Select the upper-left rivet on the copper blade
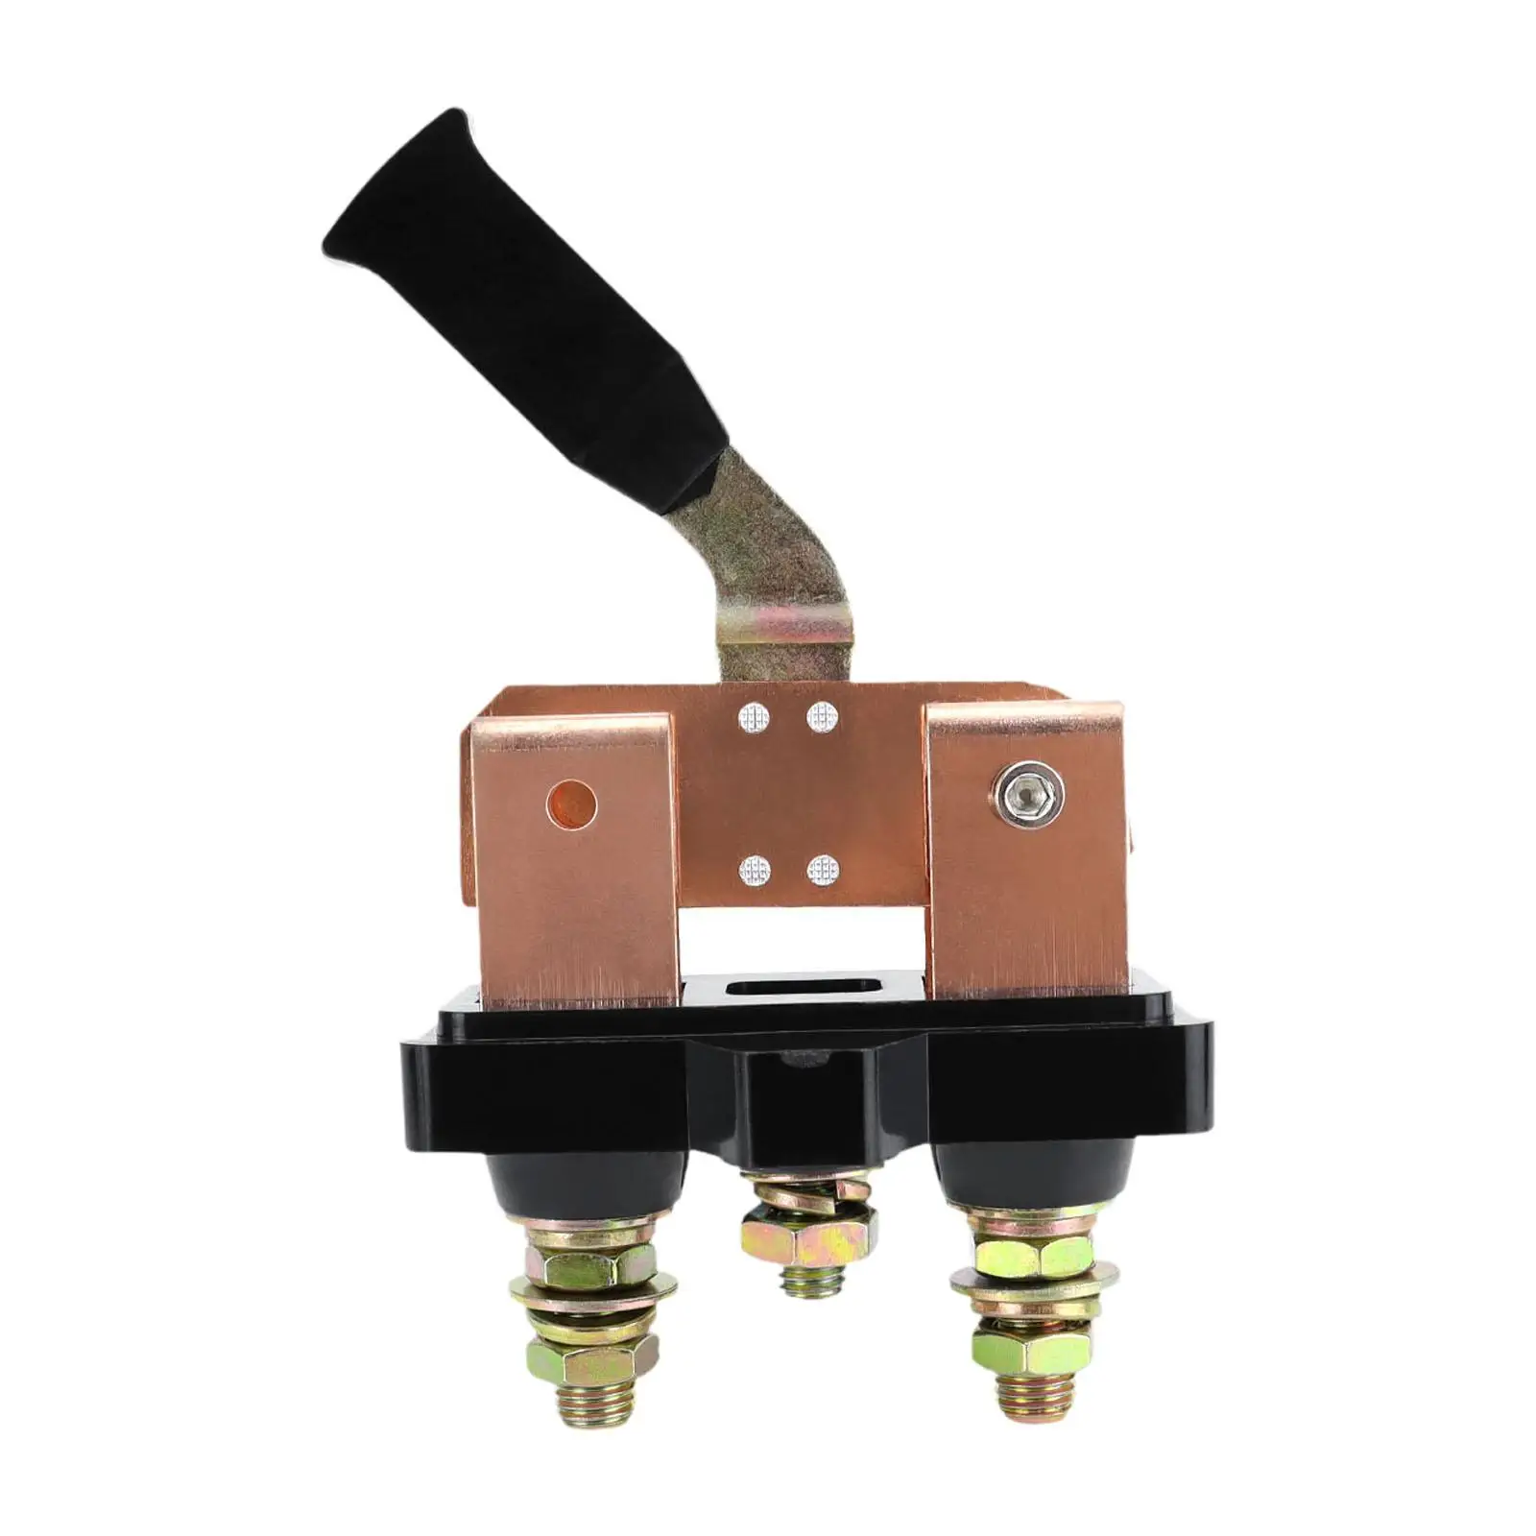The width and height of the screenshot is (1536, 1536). tap(755, 716)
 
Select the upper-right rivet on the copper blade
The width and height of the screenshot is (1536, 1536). tap(822, 716)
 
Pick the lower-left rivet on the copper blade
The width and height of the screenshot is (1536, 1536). tap(755, 871)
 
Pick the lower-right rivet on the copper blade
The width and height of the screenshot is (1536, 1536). tap(822, 871)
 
